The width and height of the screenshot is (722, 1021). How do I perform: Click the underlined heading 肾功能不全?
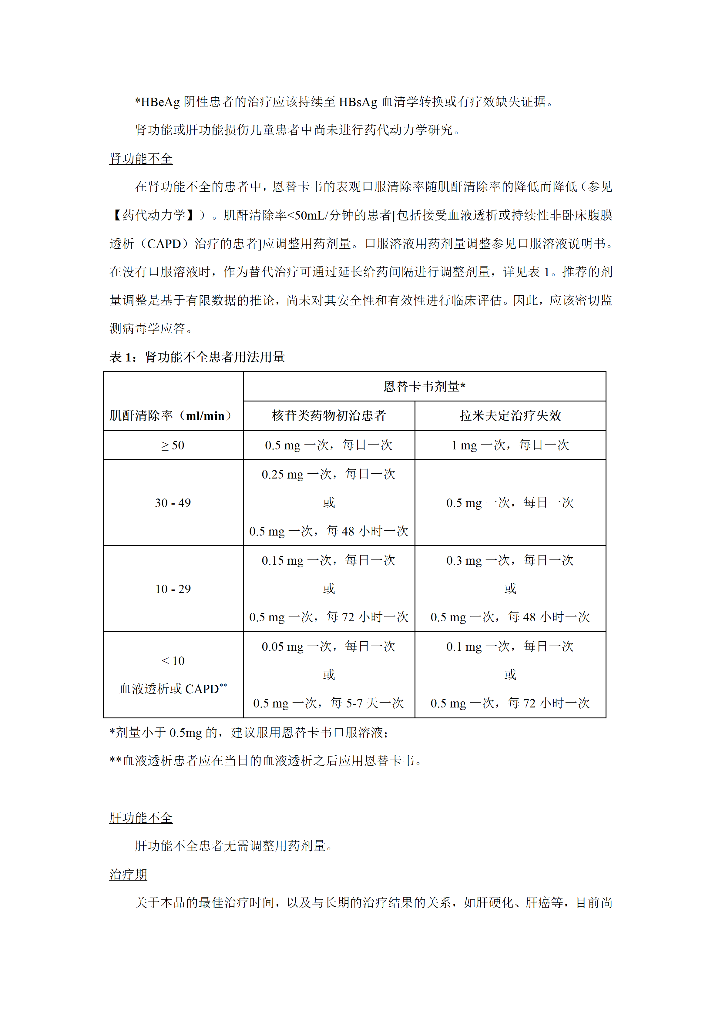[141, 159]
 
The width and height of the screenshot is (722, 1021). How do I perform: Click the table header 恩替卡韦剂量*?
[424, 386]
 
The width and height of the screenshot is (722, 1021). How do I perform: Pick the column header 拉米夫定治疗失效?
[510, 416]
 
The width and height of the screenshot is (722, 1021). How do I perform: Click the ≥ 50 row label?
[173, 445]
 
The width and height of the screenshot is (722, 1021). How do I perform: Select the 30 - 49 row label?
[173, 503]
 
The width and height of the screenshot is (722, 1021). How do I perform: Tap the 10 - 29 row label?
[173, 589]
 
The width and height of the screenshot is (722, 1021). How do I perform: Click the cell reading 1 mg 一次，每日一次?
[510, 445]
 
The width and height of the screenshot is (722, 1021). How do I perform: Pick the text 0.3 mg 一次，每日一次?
[510, 560]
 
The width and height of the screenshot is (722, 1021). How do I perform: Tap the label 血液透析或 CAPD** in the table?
[173, 689]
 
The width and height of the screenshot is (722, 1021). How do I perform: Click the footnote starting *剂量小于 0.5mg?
[249, 732]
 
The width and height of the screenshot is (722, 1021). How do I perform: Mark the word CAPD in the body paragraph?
[164, 244]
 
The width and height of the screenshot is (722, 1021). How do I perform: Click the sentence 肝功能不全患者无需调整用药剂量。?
[234, 846]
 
